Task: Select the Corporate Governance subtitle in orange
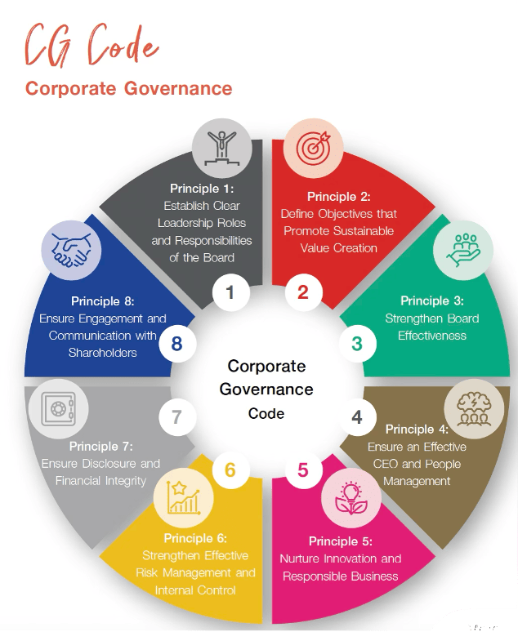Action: pyautogui.click(x=128, y=88)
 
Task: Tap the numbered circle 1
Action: pyautogui.click(x=230, y=292)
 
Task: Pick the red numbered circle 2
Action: pyautogui.click(x=303, y=292)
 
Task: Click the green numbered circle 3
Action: pyautogui.click(x=356, y=344)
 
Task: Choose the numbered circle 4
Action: pyautogui.click(x=356, y=417)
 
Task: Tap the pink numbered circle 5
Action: pyautogui.click(x=303, y=470)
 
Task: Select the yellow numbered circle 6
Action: pyautogui.click(x=230, y=470)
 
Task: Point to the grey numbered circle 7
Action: pyautogui.click(x=176, y=417)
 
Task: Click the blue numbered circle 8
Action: pyautogui.click(x=176, y=344)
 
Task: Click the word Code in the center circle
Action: pyautogui.click(x=266, y=413)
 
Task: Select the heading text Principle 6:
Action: pyautogui.click(x=195, y=537)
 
